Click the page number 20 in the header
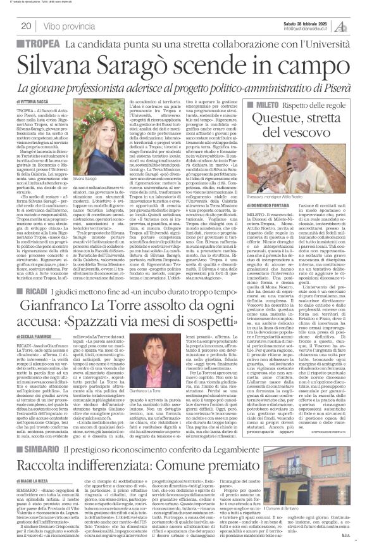coord(26,26)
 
